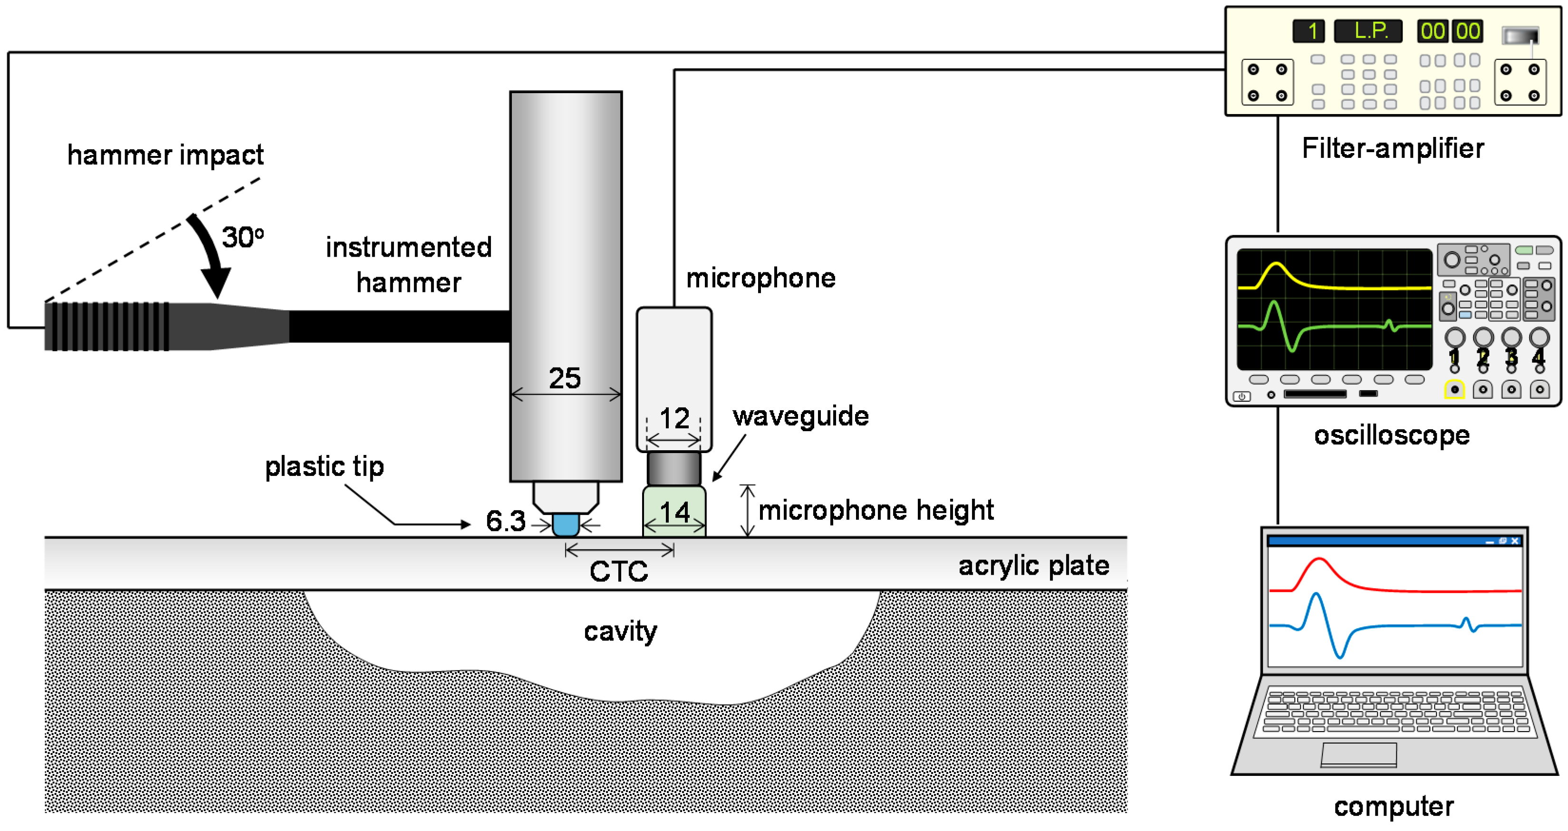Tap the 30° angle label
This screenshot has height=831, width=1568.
coord(242,237)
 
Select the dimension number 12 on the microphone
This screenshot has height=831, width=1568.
coord(674,419)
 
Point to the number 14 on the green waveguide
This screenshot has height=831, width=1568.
coord(674,512)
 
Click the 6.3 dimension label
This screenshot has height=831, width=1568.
coord(505,521)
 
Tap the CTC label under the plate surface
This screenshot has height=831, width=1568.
coord(618,571)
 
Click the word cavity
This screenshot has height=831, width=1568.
coord(620,631)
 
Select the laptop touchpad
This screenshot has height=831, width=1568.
coord(1358,754)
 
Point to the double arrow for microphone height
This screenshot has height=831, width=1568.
coord(748,510)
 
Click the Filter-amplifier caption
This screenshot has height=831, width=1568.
coord(1392,148)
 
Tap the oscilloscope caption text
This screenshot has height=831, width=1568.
coord(1392,435)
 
